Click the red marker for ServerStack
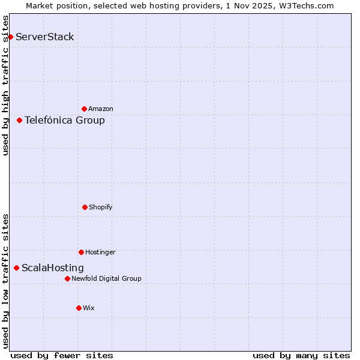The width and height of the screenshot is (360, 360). [10, 37]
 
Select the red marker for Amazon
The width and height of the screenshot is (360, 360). [84, 109]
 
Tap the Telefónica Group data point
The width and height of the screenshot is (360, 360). [19, 121]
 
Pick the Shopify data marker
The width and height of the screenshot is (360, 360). [85, 207]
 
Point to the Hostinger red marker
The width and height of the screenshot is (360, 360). [81, 252]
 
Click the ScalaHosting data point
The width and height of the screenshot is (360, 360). [16, 268]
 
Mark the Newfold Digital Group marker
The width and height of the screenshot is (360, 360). [67, 278]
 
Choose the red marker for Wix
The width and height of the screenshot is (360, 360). [79, 308]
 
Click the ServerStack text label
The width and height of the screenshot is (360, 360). [45, 37]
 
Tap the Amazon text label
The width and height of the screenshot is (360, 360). [101, 109]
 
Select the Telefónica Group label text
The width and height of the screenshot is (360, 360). [65, 121]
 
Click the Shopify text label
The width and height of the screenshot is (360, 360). [101, 207]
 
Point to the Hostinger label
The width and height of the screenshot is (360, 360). [100, 252]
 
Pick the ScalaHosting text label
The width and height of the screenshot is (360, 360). [53, 268]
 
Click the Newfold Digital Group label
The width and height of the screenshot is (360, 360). [107, 278]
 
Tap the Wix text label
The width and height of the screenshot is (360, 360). [89, 308]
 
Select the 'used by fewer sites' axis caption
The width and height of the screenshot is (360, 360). [62, 355]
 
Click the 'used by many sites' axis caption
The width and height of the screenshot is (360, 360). [301, 355]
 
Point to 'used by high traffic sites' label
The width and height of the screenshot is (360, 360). [5, 85]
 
